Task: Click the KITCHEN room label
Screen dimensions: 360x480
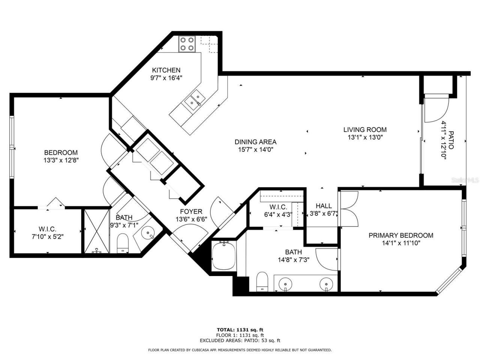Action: point(166,70)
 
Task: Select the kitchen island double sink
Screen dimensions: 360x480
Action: point(194,100)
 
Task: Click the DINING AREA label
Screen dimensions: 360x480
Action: point(255,142)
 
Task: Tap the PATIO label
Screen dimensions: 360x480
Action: point(451,140)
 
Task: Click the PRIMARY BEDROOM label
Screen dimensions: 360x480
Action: point(400,235)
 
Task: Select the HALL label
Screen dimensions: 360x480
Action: point(323,206)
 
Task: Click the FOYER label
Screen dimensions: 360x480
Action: point(191,211)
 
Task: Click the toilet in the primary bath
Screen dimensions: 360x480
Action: point(262,281)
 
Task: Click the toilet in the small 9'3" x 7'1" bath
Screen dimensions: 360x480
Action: point(123,243)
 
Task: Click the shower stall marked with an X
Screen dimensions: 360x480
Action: point(96,231)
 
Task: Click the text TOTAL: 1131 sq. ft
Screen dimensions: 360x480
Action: point(240,330)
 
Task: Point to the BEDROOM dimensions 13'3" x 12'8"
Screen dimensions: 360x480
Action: point(61,160)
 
